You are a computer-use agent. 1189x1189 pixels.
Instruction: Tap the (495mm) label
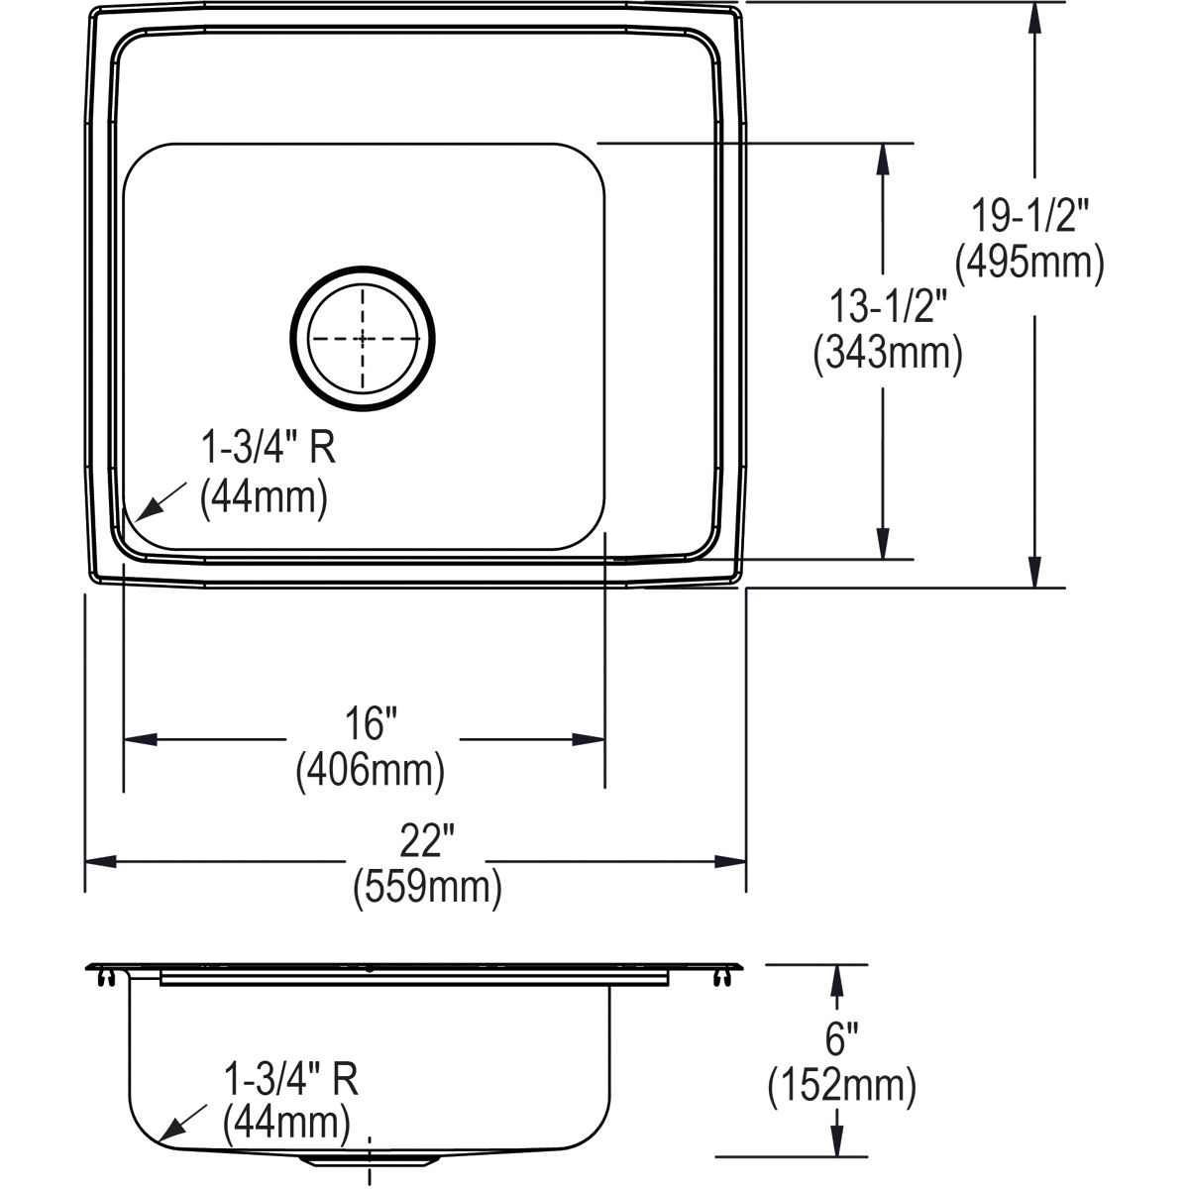pyautogui.click(x=1029, y=264)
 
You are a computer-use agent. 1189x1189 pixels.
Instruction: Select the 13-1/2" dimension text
pyautogui.click(x=887, y=306)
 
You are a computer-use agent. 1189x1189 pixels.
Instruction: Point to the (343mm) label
pyautogui.click(x=887, y=354)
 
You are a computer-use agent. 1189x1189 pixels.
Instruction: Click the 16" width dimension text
pyautogui.click(x=371, y=723)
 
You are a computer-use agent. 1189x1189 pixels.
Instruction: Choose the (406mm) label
pyautogui.click(x=371, y=771)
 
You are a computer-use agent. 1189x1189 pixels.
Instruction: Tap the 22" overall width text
pyautogui.click(x=427, y=840)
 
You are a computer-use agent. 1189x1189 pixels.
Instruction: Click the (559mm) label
pyautogui.click(x=428, y=888)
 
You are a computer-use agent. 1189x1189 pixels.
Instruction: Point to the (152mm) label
pyautogui.click(x=841, y=1086)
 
